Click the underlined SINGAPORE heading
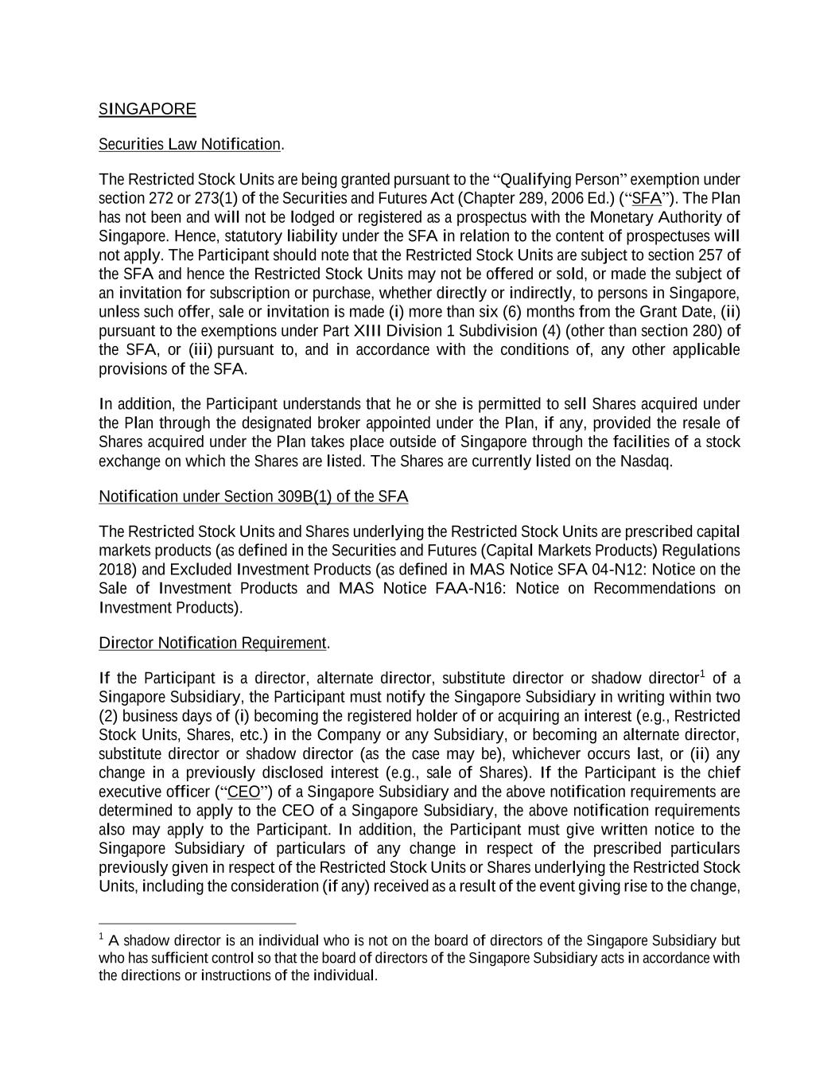tap(147, 109)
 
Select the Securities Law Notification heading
tap(189, 144)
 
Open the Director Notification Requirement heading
tap(212, 643)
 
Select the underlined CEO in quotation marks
tap(243, 792)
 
